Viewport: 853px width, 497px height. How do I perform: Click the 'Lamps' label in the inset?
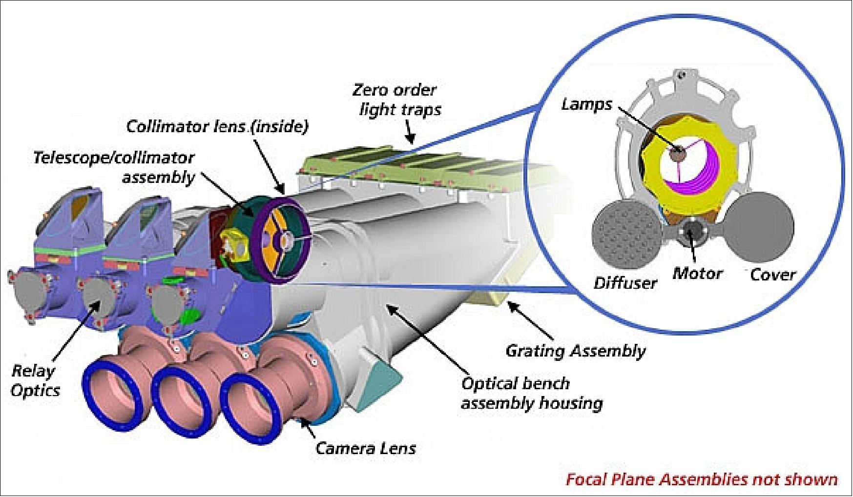pos(586,104)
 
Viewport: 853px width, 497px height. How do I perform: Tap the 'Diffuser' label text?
pos(625,283)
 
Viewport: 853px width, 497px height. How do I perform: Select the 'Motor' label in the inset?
pos(697,273)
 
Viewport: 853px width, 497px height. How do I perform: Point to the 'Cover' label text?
pos(772,275)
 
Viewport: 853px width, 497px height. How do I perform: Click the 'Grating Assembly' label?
pos(575,351)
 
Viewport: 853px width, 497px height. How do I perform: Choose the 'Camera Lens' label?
pos(366,448)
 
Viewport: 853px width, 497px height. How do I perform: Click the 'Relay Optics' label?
pos(36,380)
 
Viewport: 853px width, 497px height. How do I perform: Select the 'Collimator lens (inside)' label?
pos(217,127)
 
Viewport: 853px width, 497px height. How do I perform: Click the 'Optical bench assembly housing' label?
pos(531,393)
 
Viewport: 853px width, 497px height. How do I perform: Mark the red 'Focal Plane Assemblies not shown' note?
pos(702,479)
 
